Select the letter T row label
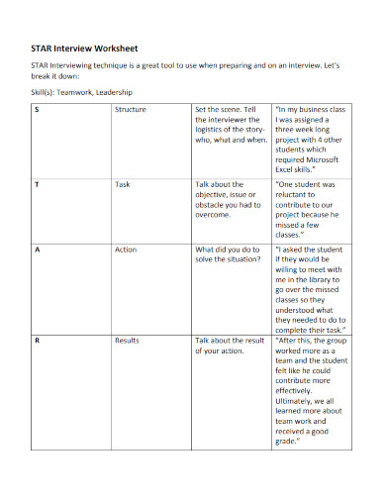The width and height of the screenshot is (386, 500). (37, 185)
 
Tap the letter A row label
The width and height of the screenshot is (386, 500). (37, 250)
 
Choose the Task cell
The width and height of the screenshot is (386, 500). (123, 185)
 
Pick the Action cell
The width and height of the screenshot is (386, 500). (126, 250)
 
